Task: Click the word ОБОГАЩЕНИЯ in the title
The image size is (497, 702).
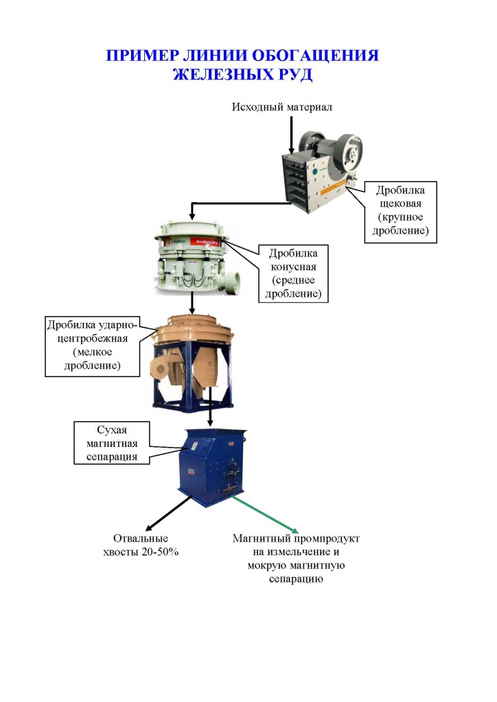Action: click(316, 56)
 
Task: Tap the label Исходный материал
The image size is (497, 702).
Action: click(282, 107)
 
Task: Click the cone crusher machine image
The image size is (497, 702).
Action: click(196, 258)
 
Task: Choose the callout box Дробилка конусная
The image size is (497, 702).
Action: click(294, 274)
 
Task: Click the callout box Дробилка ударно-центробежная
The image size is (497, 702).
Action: click(92, 346)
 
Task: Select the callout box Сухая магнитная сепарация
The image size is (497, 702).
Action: click(112, 444)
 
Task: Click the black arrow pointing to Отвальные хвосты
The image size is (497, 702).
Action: click(169, 514)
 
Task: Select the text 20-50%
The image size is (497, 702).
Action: click(160, 552)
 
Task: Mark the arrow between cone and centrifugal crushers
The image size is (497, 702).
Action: click(192, 303)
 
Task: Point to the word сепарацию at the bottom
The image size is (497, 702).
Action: click(296, 579)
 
